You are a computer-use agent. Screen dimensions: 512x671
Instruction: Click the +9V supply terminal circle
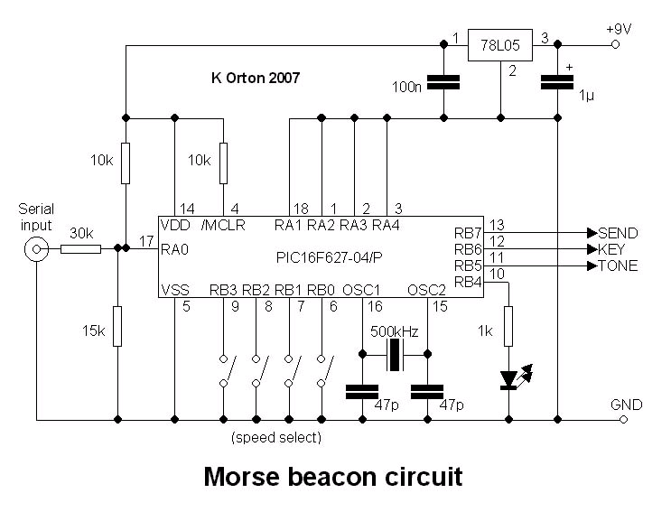point(616,44)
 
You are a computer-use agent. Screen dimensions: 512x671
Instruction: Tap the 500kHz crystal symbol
point(395,356)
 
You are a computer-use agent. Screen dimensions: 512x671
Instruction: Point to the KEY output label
point(614,248)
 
